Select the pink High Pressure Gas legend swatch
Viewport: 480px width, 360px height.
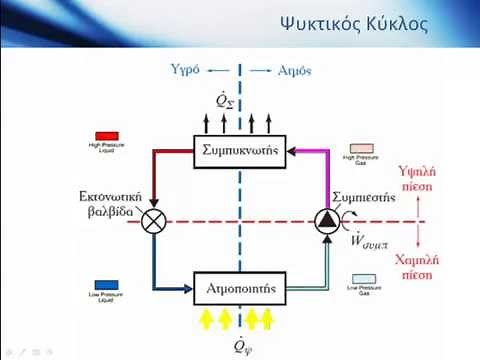[360, 146]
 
